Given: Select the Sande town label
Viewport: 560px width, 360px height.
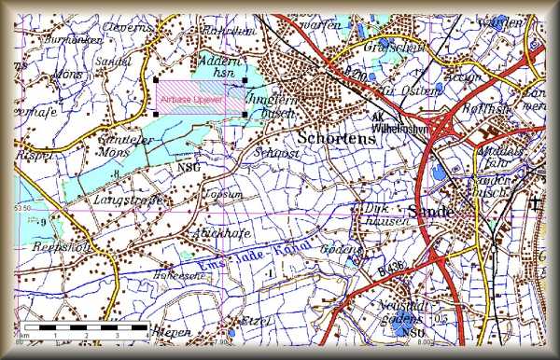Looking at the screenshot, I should (430, 211).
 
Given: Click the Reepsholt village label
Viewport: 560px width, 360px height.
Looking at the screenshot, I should (47, 247).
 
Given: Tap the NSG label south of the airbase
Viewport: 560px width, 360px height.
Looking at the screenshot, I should (186, 167).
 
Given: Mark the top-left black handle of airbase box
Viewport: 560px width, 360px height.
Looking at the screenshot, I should (155, 80).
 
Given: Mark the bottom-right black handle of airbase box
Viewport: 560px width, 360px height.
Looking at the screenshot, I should (245, 116).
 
